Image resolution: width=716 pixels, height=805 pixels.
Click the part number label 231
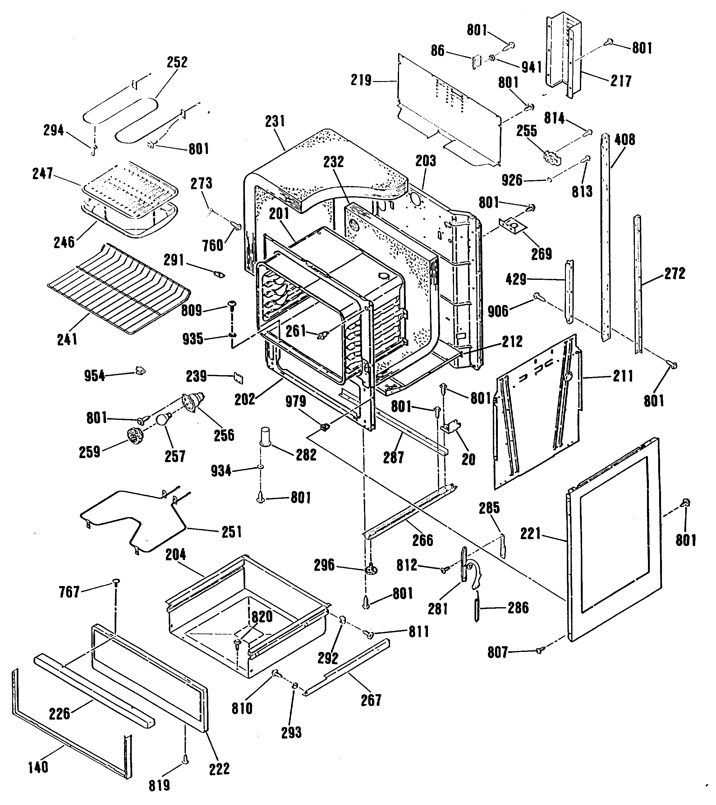pos(275,121)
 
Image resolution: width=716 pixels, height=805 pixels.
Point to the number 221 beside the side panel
pos(530,534)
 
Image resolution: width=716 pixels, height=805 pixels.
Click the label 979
pos(296,401)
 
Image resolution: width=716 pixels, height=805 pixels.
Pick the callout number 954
pos(94,376)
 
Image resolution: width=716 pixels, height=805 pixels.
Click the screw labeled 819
pos(186,761)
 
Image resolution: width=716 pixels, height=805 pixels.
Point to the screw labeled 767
pos(116,582)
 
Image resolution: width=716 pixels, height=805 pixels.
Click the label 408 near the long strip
pos(625,139)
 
